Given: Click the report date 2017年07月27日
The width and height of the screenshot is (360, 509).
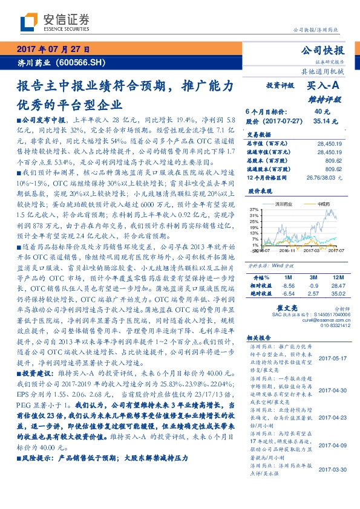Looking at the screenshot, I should click(x=52, y=49).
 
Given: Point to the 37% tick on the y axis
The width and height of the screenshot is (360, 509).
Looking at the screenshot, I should click(x=253, y=209).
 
